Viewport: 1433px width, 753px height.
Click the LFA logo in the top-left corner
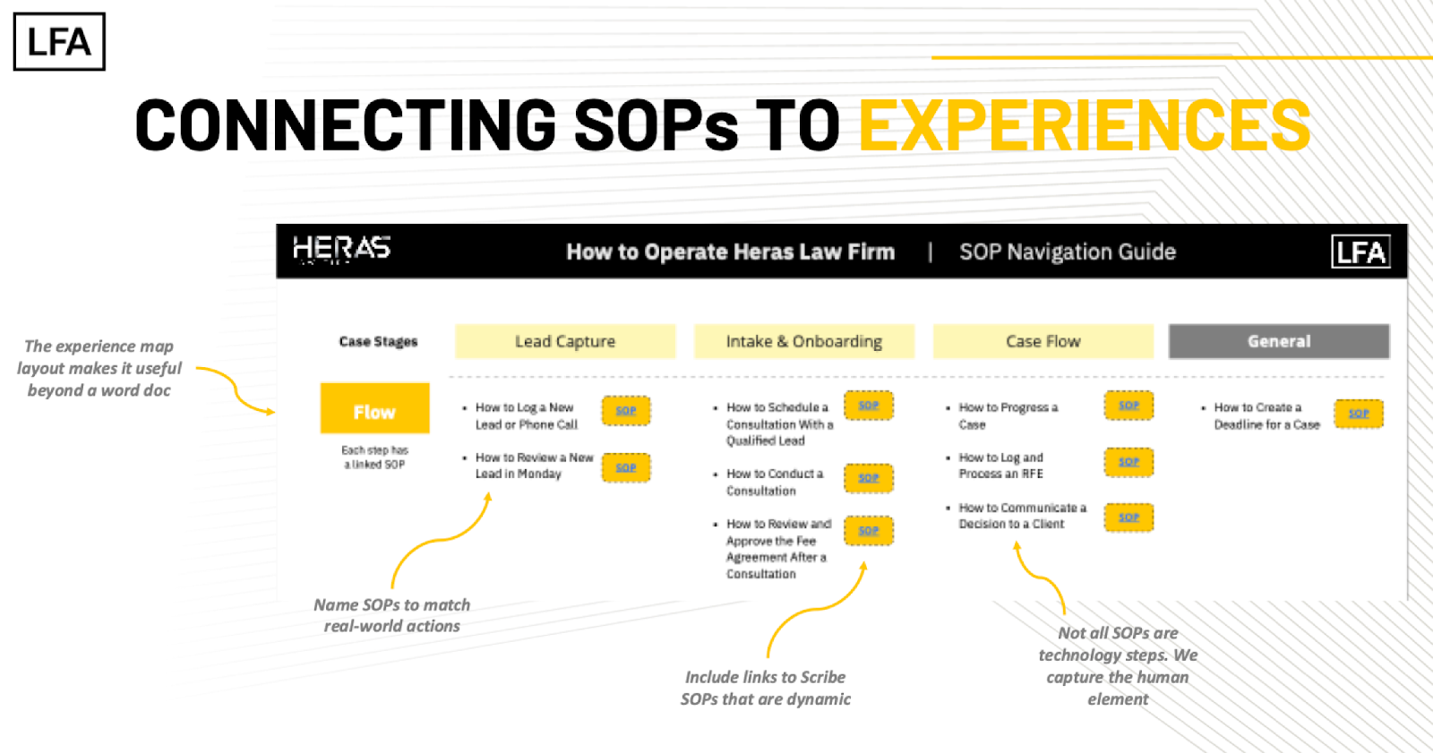(59, 41)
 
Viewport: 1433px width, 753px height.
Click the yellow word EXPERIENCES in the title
(1085, 125)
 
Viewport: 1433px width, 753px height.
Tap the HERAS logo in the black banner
(341, 248)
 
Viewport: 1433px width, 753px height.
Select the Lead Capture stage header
(565, 341)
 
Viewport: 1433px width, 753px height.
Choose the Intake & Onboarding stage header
(803, 341)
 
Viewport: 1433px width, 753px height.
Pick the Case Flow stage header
(1043, 341)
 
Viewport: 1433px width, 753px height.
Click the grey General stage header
(1278, 341)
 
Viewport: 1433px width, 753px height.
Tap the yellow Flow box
(374, 411)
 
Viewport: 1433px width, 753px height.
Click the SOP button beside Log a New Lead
(626, 411)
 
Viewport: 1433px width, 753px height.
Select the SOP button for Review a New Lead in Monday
(626, 467)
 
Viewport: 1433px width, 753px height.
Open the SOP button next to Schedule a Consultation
(868, 406)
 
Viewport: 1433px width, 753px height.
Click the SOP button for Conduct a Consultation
(868, 478)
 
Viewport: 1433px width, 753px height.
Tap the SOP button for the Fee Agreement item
(868, 531)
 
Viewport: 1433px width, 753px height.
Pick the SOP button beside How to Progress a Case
(1128, 406)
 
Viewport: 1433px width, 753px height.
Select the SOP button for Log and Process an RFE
(1128, 462)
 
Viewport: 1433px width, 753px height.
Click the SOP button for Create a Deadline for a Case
(1359, 414)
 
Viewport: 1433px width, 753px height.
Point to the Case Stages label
(378, 341)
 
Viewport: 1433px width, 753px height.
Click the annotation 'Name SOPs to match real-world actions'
(391, 615)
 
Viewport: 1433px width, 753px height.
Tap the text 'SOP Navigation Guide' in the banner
(1068, 252)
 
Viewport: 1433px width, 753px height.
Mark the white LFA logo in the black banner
(1360, 252)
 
